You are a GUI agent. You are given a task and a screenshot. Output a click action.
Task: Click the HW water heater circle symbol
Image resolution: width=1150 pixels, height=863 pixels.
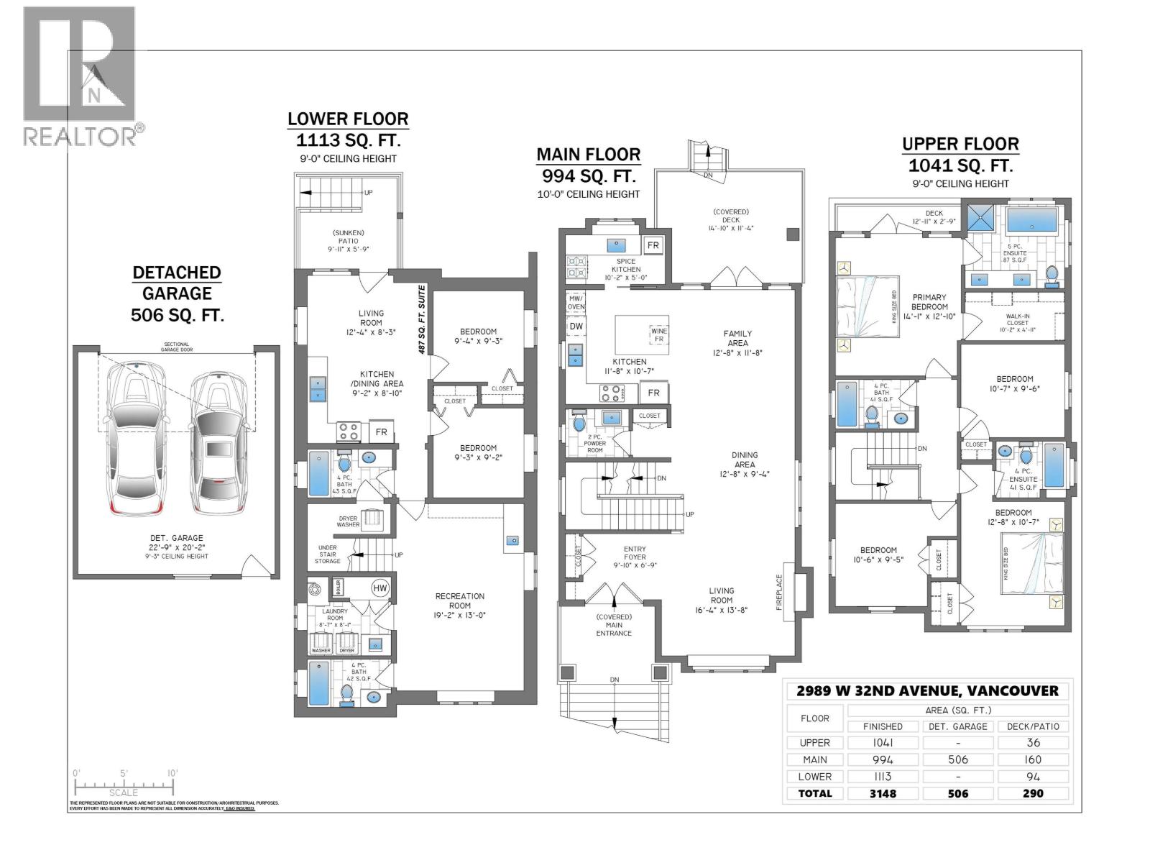click(379, 588)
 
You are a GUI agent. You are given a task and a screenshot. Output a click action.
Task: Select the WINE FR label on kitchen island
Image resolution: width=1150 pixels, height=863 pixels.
click(659, 334)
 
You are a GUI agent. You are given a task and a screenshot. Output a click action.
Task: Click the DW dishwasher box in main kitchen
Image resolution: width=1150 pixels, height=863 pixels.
click(576, 326)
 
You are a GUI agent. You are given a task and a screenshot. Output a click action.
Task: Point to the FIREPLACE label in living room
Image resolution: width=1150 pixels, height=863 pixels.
click(778, 592)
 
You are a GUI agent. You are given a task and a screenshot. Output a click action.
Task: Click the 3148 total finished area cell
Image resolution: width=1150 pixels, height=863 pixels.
click(883, 793)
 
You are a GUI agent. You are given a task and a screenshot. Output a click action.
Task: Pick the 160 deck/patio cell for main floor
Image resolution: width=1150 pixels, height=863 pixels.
click(1033, 759)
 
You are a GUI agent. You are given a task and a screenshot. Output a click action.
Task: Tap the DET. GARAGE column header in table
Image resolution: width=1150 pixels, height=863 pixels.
click(958, 726)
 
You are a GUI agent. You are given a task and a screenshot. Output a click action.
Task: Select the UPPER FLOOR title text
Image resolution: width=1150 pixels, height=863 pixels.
click(960, 144)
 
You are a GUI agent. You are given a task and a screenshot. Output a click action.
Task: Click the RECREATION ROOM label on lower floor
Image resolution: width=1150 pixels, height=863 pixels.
click(460, 601)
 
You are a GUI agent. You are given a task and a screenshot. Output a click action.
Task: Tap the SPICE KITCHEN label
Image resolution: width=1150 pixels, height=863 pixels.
click(625, 265)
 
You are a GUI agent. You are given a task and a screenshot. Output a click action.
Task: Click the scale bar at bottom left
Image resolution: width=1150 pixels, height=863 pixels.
click(124, 784)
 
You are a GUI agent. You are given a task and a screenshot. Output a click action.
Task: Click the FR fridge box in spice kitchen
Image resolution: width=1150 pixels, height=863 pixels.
click(653, 245)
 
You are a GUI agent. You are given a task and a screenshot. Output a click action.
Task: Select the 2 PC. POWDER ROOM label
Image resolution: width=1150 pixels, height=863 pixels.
click(594, 444)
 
